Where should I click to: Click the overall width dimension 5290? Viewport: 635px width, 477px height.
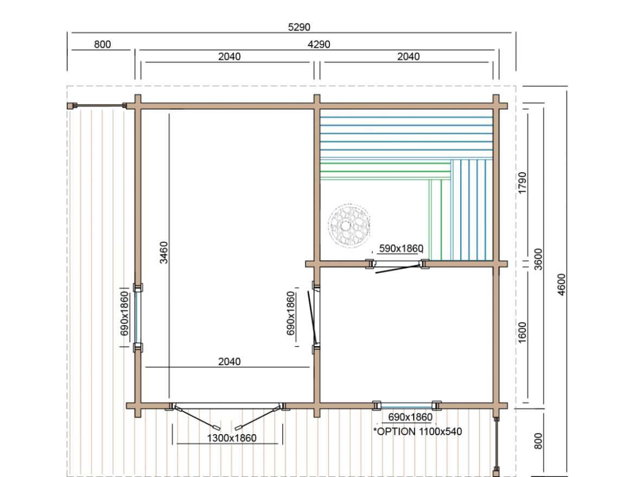(299, 27)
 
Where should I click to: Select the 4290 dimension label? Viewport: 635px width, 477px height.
(319, 44)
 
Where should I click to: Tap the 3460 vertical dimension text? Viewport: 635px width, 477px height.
(163, 253)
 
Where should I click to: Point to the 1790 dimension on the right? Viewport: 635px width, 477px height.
(523, 183)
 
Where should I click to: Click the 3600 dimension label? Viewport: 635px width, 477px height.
(538, 259)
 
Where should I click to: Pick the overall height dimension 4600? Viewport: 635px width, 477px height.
(561, 285)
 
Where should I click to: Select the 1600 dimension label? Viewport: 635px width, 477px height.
(523, 332)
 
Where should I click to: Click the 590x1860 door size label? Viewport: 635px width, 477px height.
(401, 248)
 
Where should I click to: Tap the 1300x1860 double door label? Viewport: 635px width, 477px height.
(232, 438)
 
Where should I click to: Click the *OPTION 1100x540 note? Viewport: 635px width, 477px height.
(417, 431)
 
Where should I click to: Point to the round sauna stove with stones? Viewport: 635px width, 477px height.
(349, 225)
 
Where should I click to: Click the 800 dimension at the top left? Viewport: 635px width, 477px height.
(103, 44)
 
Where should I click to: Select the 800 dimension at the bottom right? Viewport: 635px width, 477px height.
(538, 441)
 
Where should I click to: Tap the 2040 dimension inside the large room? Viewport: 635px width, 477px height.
(229, 361)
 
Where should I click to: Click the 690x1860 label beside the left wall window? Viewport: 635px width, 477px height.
(124, 314)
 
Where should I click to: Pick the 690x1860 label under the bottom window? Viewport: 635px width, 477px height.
(410, 417)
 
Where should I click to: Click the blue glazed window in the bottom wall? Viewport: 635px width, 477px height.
(407, 406)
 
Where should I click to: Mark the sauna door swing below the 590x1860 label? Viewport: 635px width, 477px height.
(398, 269)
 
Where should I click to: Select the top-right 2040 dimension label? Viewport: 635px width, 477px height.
(408, 57)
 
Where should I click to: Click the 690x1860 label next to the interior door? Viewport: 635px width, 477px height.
(291, 313)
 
